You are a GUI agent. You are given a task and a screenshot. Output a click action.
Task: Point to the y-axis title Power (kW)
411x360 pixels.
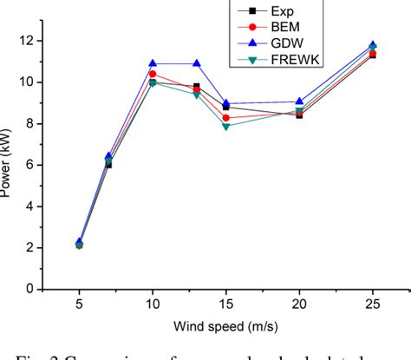[10, 165]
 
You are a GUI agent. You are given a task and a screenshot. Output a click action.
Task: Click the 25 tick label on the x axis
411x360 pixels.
[373, 304]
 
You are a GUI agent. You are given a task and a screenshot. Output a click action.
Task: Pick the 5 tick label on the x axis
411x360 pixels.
[79, 304]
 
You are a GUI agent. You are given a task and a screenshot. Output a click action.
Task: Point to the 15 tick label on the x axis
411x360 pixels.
[225, 304]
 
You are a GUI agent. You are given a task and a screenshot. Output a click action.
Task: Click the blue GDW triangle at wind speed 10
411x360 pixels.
[153, 63]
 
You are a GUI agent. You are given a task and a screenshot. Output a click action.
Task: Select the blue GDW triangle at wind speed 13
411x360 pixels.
[197, 63]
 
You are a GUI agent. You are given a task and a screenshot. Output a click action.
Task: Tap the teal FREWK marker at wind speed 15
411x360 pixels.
[226, 127]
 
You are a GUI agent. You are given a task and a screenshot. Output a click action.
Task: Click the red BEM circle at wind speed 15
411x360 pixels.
[226, 117]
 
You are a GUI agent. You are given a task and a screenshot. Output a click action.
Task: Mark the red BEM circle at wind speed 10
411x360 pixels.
[153, 74]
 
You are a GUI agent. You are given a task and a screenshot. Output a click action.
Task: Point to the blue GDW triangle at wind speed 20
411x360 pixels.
[299, 101]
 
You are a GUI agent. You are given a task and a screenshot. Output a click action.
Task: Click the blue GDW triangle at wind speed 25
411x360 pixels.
[373, 44]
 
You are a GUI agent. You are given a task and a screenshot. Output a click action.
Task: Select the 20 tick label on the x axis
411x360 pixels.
[299, 304]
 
